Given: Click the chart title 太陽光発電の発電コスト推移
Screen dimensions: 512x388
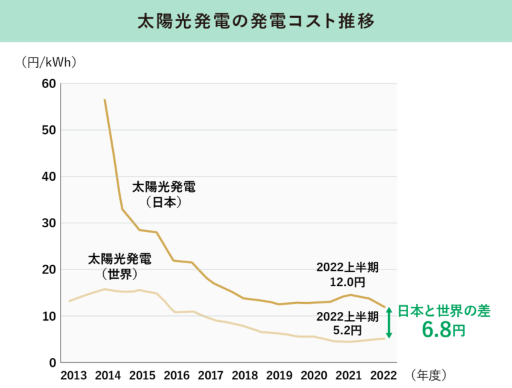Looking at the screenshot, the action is point(256,21).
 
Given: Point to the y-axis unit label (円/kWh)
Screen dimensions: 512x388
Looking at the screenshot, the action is point(49,62).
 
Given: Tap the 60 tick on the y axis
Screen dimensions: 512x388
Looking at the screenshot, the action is point(49,83).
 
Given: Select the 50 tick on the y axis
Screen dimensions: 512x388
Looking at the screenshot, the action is point(49,130).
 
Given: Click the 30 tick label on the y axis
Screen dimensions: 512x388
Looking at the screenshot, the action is point(49,223).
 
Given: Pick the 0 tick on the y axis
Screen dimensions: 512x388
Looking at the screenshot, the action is point(53,363).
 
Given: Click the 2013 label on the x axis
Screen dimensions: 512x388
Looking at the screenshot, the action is point(73,375).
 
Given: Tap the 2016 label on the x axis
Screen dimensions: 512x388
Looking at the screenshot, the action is point(177,375).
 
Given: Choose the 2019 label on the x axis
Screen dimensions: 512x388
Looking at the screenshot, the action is point(279,375).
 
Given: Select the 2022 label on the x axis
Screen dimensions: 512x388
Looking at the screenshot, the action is point(383,375).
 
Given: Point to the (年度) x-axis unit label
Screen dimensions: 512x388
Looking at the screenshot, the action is point(429,375).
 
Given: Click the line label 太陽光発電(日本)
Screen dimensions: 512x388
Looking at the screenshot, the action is point(164,195).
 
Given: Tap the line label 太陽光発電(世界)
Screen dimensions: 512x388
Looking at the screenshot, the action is point(120,267).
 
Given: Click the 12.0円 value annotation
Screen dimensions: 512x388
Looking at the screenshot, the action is point(347,281).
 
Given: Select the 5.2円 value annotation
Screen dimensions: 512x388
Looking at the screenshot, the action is point(347,330).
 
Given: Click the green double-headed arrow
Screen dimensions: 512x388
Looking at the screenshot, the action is point(389,323).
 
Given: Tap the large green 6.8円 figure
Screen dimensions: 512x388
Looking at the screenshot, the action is point(443,329).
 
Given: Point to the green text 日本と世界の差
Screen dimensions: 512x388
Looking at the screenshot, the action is point(444,311).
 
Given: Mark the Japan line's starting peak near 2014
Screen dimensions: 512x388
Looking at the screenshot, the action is point(105,100).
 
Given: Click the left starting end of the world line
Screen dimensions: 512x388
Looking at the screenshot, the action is point(69,301).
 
